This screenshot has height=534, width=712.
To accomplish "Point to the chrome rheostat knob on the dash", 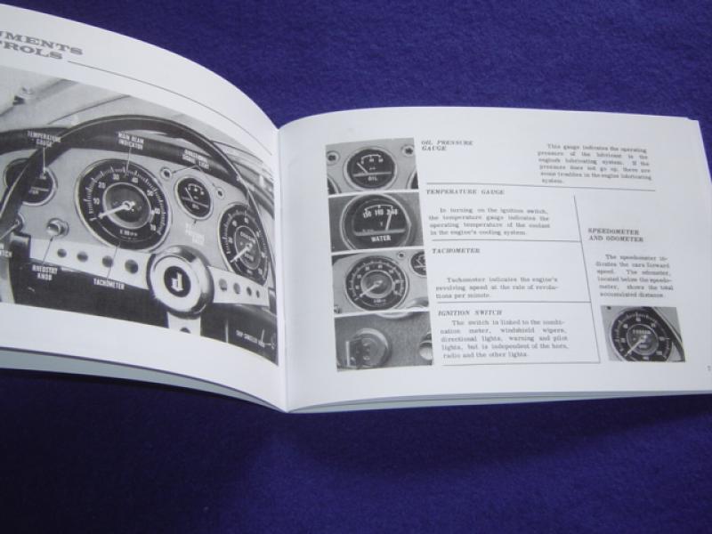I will [56, 229].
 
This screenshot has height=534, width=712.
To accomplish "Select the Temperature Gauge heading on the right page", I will [465, 192].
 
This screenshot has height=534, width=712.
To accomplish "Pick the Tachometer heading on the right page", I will [461, 252].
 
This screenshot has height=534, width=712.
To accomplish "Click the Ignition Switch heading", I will [468, 313].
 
